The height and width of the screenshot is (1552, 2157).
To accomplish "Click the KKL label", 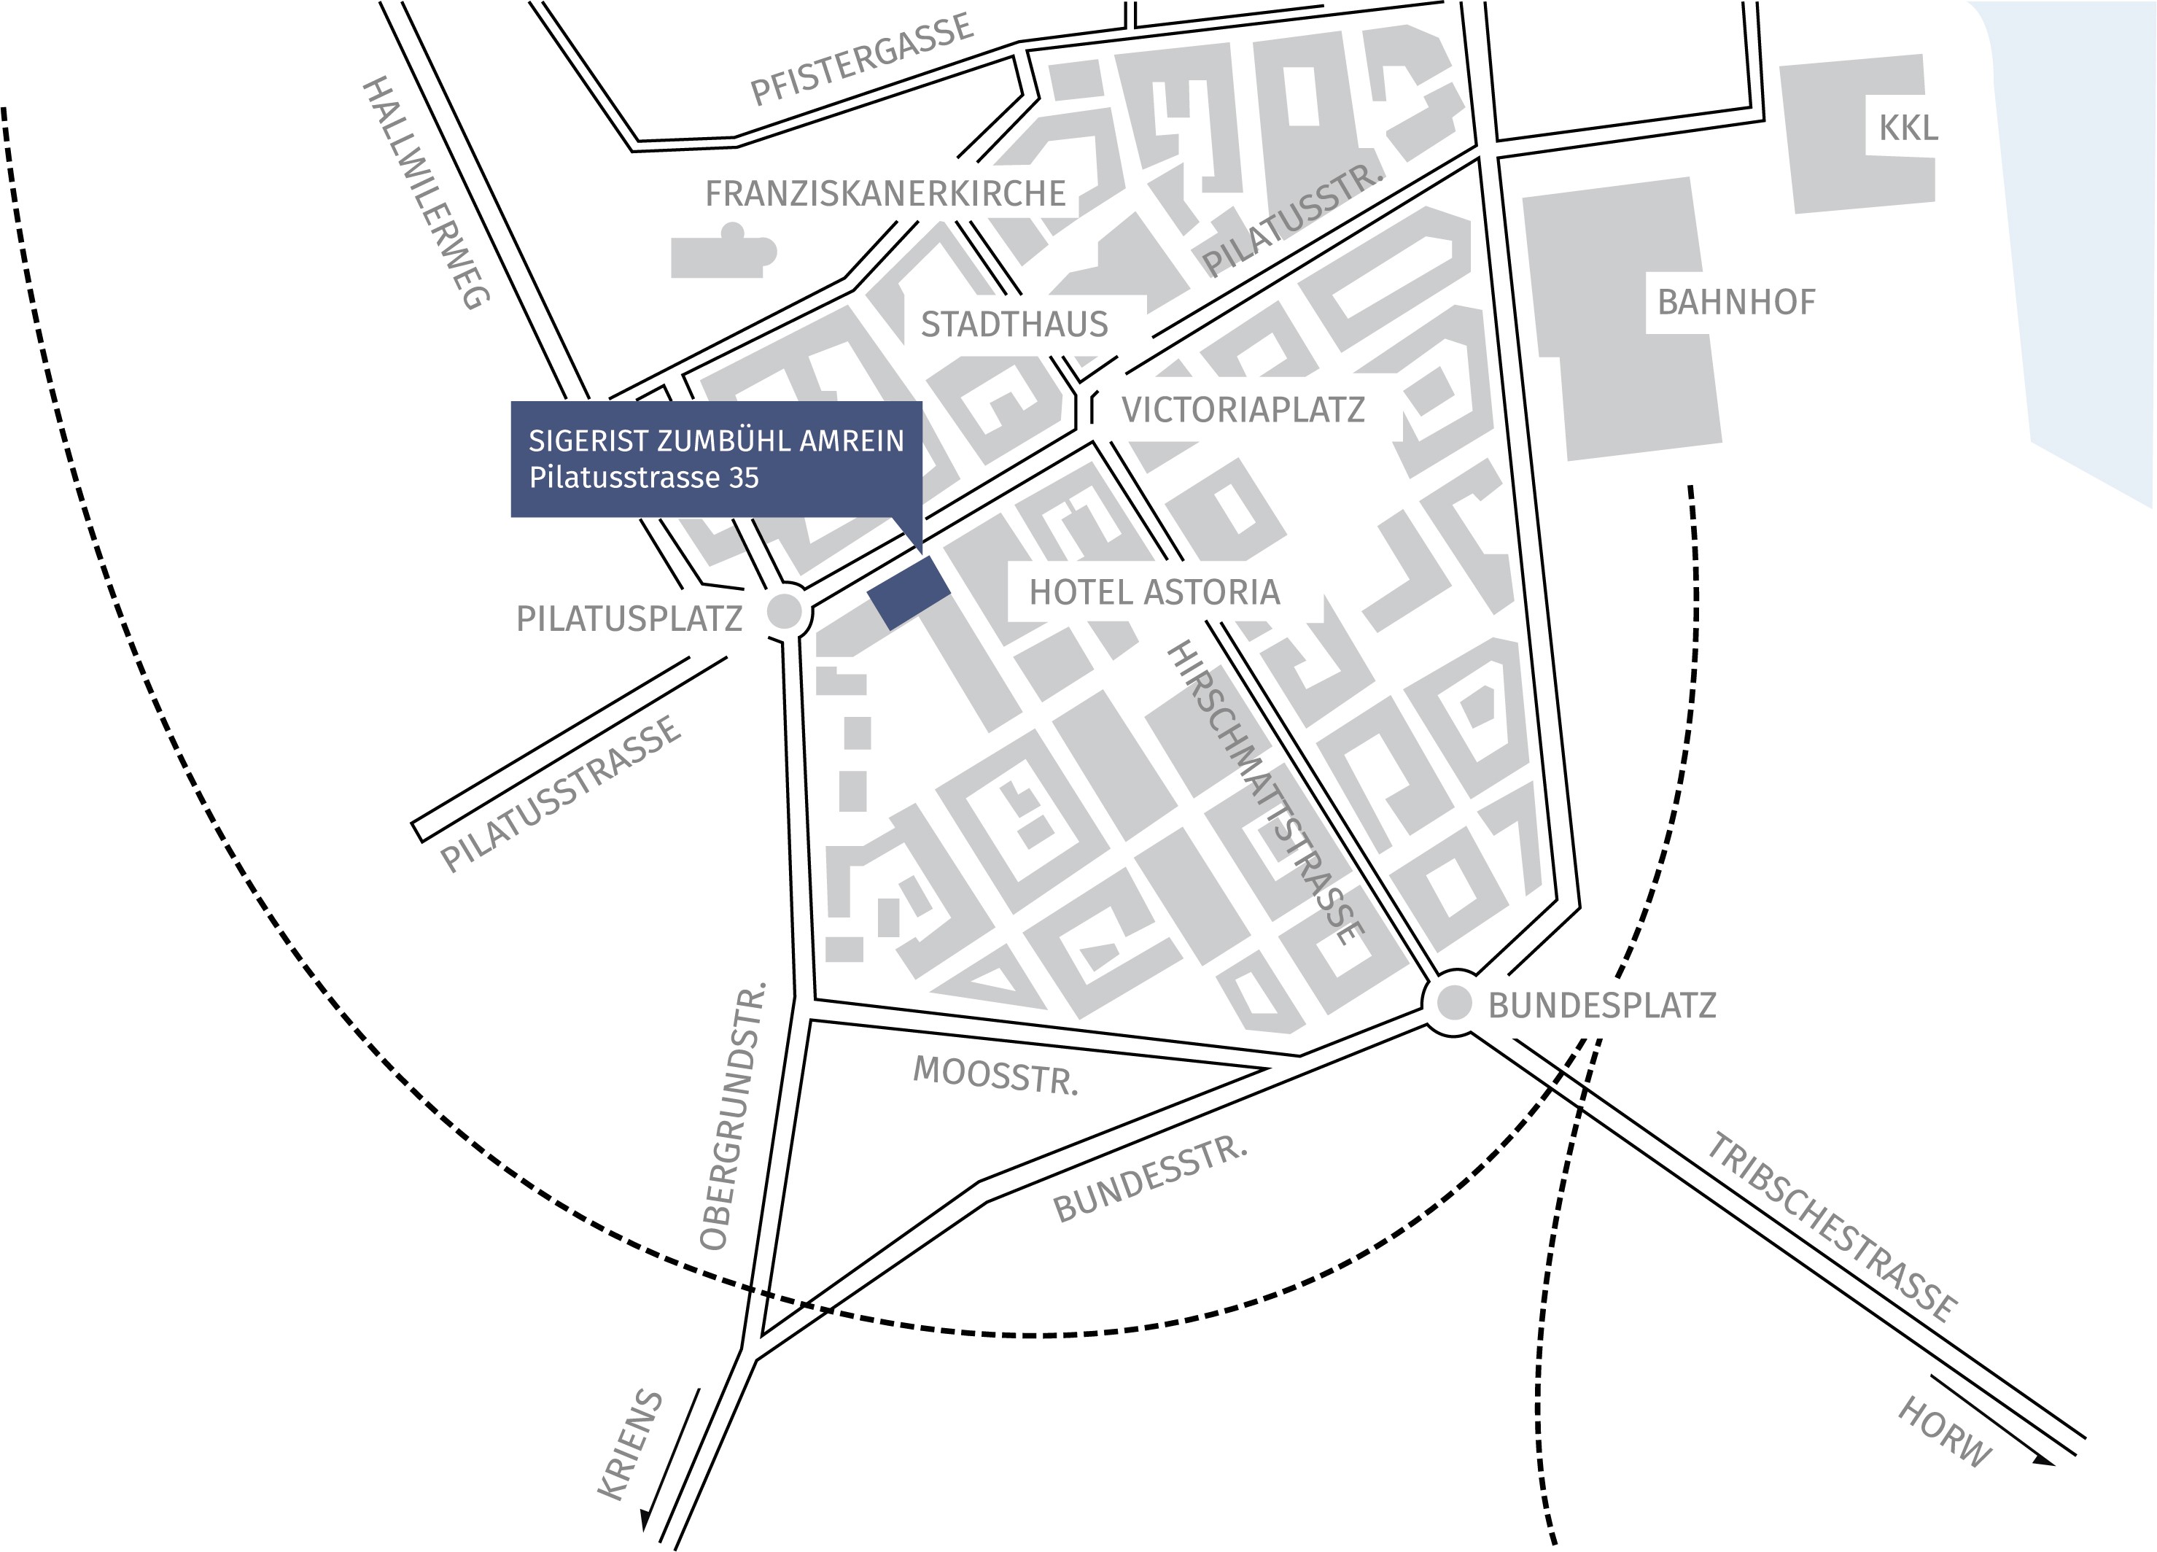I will point(1907,128).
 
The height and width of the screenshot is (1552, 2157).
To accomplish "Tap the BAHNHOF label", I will point(1736,303).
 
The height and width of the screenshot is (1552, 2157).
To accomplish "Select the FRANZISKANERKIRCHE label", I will point(885,194).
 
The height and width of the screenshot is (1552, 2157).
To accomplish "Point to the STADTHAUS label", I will point(1014,325).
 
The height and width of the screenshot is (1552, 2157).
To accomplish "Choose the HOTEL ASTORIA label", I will point(1154,592).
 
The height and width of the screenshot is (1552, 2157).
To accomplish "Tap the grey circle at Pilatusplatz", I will point(785,611).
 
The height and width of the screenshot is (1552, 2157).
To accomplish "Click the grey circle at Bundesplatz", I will point(1453,1002).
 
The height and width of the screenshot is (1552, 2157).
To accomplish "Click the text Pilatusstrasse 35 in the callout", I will point(644,478).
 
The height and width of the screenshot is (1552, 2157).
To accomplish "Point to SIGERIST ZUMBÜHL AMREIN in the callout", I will point(715,441).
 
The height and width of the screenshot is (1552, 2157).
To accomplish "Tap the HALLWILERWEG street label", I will point(426,193).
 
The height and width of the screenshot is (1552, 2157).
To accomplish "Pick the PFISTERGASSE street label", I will point(862,59).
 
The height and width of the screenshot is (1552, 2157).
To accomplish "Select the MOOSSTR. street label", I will point(995,1074).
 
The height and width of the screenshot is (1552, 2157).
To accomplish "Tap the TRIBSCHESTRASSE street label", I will point(1831,1227).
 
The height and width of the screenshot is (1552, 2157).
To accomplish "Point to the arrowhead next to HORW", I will point(2043,1461).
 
